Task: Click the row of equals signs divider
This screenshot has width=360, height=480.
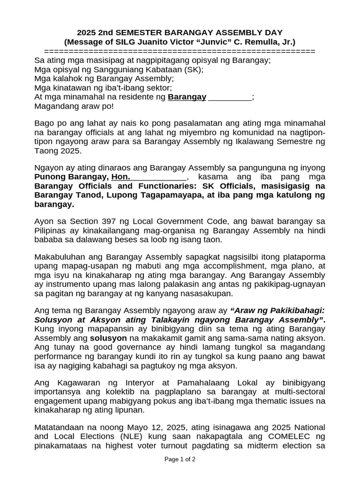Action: point(180,51)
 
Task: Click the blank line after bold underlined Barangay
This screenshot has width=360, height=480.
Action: point(230,97)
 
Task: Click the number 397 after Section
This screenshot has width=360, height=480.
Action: point(101,221)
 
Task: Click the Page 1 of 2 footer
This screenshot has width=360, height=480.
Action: point(180,459)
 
